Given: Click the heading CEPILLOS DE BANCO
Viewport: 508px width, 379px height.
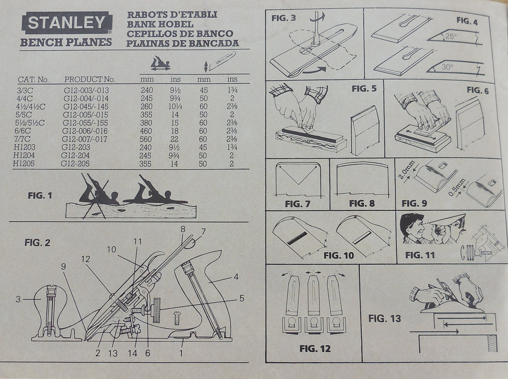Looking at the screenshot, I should click(180, 34).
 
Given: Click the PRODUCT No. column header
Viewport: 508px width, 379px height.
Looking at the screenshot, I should click(90, 79).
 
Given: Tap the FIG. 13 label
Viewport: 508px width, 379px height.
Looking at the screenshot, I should click(384, 318).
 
